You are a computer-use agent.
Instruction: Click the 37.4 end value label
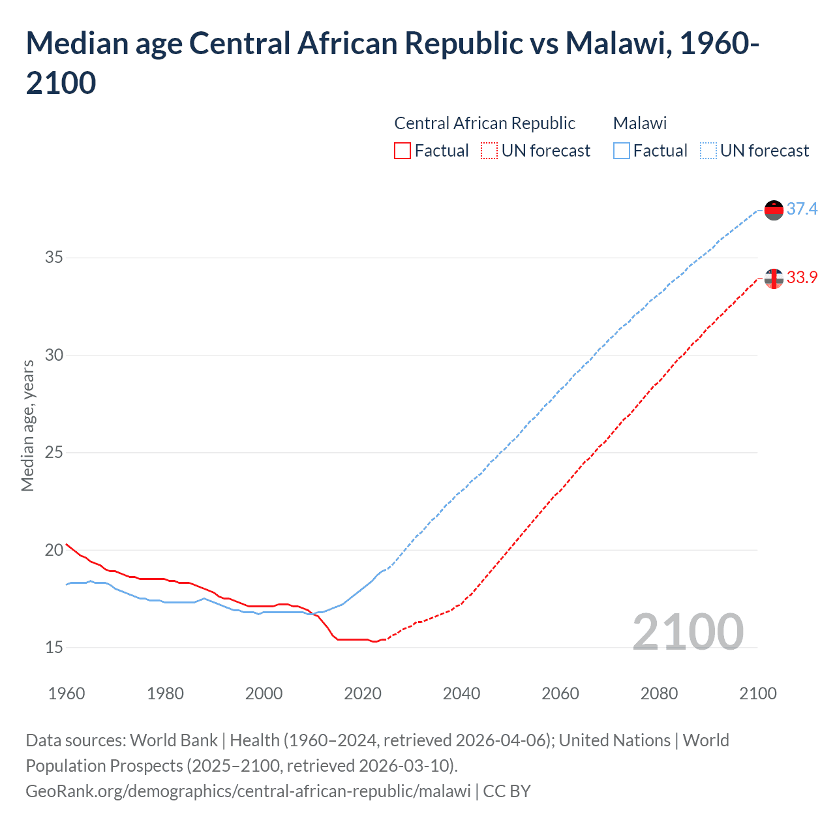click(x=802, y=209)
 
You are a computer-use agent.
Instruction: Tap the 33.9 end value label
click(x=802, y=277)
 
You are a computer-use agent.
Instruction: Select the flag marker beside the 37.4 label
click(x=774, y=210)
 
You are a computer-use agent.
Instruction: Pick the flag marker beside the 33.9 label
click(x=774, y=279)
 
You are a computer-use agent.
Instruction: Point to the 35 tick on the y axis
click(x=54, y=258)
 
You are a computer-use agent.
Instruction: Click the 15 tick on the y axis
click(x=54, y=647)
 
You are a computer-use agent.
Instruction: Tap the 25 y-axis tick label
click(x=54, y=452)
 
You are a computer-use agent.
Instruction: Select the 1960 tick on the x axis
click(x=67, y=693)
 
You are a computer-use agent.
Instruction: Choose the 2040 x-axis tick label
click(x=461, y=693)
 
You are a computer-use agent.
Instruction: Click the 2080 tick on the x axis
click(x=659, y=693)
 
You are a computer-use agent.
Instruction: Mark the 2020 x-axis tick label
click(x=363, y=693)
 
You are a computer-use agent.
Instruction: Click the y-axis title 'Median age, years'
click(x=27, y=425)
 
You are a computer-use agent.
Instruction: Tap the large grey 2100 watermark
click(x=688, y=631)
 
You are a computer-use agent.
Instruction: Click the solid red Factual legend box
click(x=402, y=151)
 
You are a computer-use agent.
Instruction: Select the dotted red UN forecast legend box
click(x=489, y=151)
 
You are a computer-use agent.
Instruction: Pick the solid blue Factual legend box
click(x=622, y=151)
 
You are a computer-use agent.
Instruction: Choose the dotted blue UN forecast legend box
click(x=708, y=151)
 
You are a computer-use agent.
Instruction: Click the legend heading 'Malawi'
click(x=640, y=123)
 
